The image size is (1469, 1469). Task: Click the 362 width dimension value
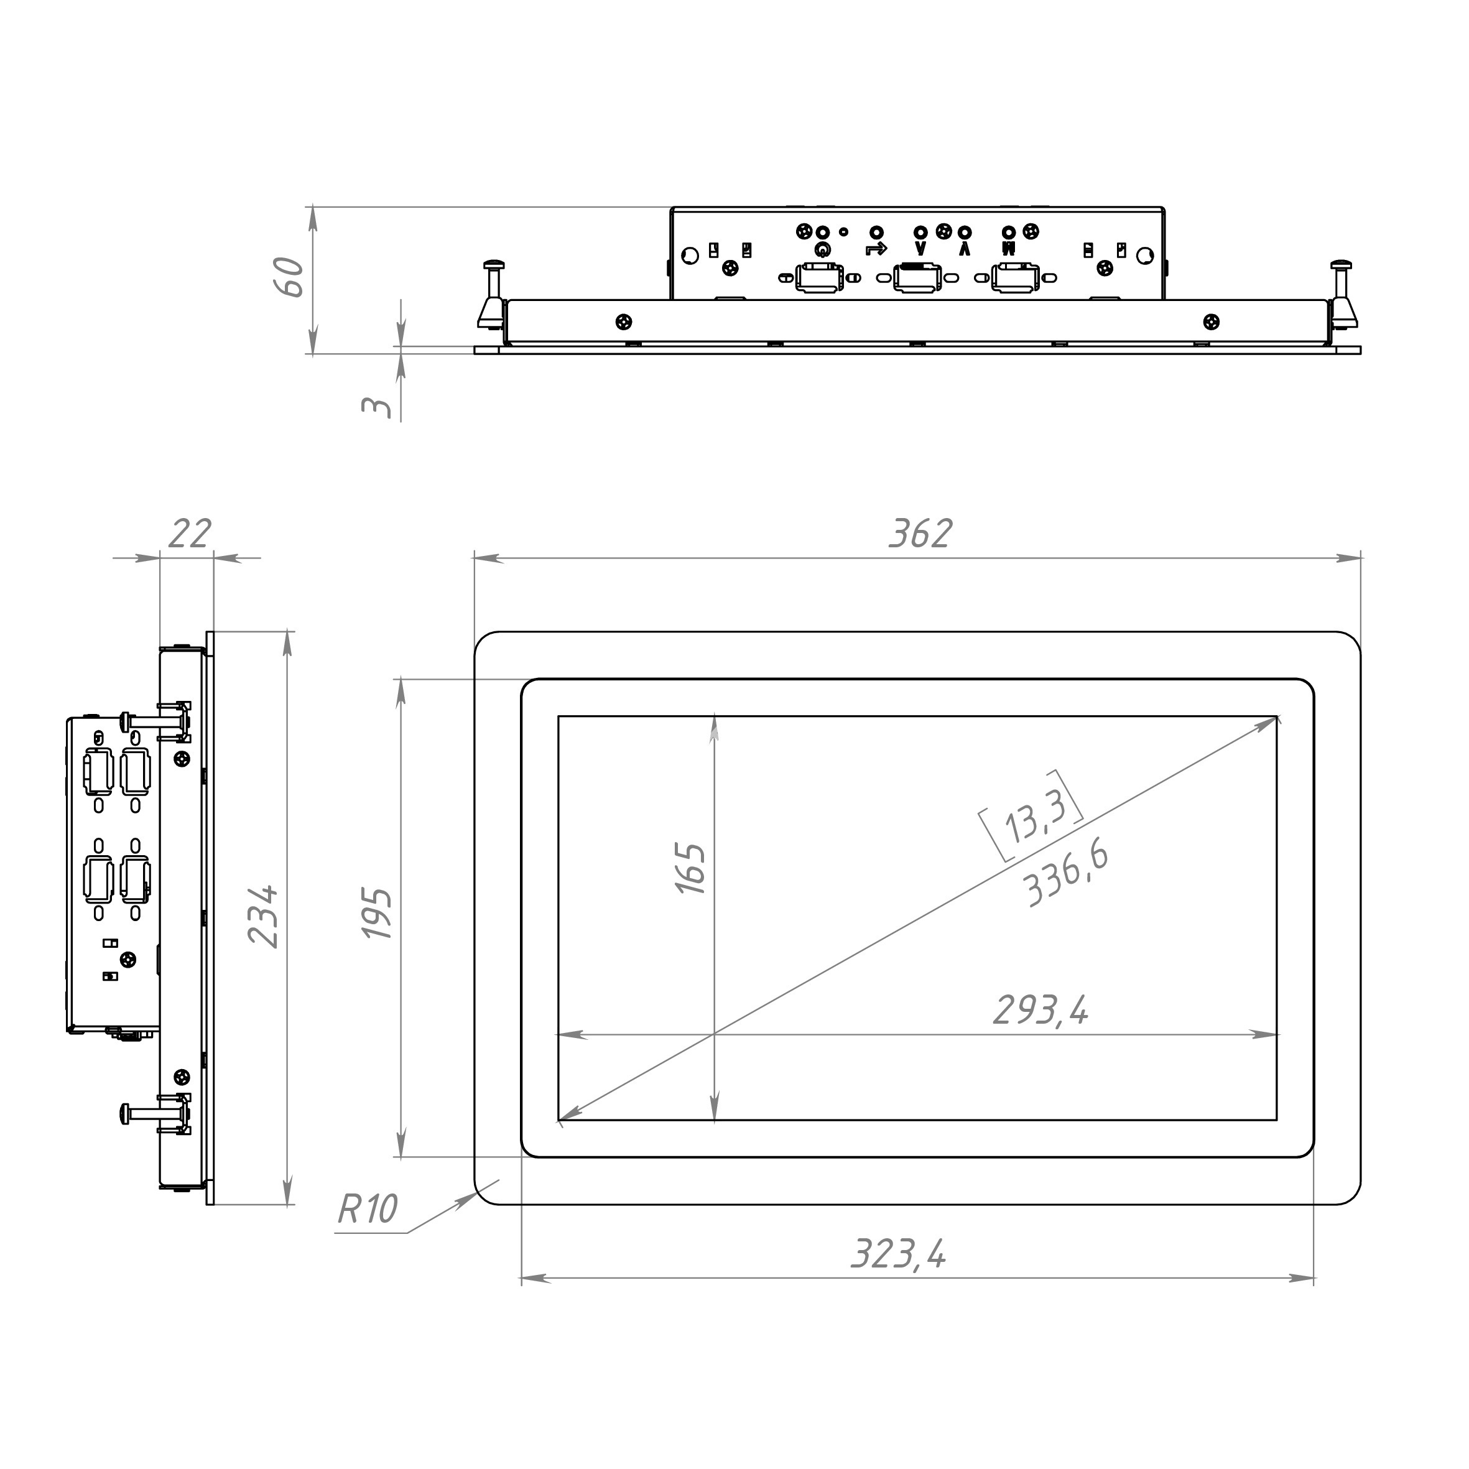click(920, 533)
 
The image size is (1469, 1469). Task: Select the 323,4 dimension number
click(899, 1254)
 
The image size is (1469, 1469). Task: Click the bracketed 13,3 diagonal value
click(1031, 816)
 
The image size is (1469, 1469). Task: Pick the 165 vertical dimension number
click(691, 868)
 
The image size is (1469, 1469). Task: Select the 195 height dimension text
click(377, 912)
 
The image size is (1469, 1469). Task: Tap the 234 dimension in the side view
click(263, 916)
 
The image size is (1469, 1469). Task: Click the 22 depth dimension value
click(189, 533)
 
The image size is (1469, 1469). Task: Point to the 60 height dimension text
click(289, 277)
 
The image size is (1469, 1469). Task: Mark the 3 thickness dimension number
click(376, 407)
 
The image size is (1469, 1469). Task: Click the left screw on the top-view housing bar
click(624, 322)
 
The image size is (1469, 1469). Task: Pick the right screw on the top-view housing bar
click(1212, 322)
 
